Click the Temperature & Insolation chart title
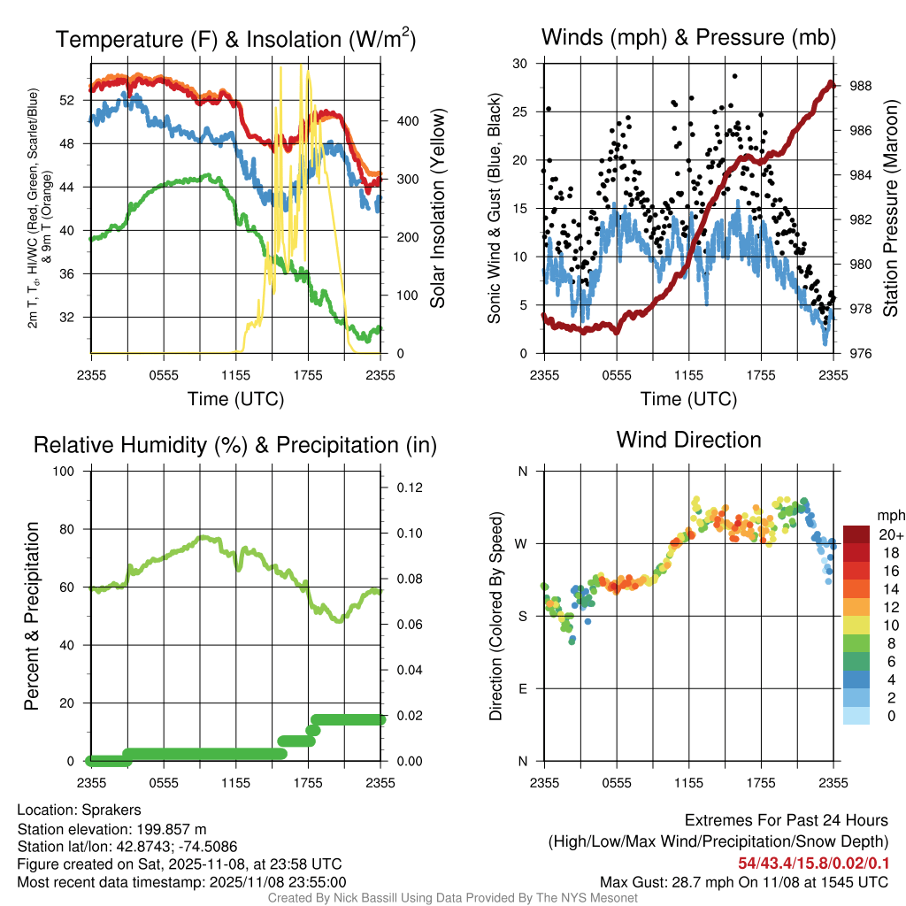click(x=235, y=39)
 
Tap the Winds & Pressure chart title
click(x=688, y=37)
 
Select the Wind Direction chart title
click(x=688, y=440)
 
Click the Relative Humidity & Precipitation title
click(x=235, y=445)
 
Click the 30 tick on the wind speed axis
click(x=520, y=64)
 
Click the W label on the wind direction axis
click(x=522, y=543)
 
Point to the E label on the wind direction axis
click(x=523, y=688)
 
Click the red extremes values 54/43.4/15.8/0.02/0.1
click(x=813, y=863)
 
